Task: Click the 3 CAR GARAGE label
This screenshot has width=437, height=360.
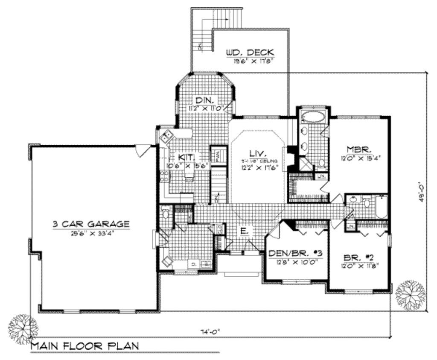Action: tap(90, 223)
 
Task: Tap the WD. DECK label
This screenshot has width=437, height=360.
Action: tap(250, 53)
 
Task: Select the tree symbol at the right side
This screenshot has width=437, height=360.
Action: tap(410, 295)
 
